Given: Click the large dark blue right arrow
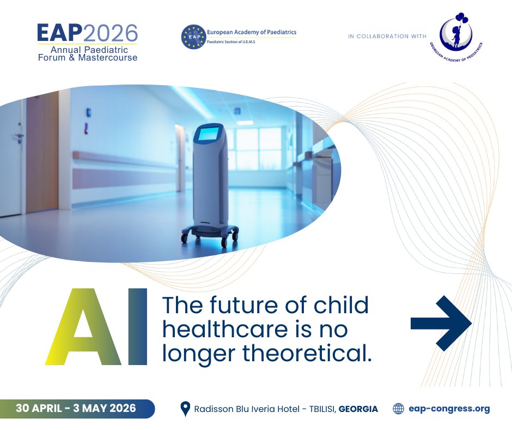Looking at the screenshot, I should coord(441,323).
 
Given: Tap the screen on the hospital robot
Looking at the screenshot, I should coord(210,134).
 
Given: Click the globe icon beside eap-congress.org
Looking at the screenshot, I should coord(399,409).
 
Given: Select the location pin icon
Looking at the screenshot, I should coord(185,409).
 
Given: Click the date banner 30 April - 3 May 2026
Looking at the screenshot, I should coord(76,408).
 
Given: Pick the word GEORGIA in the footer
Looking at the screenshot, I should coord(358,409).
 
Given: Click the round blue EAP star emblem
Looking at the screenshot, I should coord(192,37).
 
